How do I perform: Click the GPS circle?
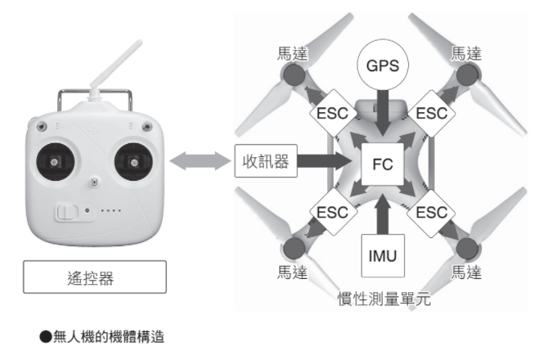pyautogui.click(x=382, y=64)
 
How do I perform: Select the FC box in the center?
pyautogui.click(x=382, y=164)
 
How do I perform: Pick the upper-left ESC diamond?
pyautogui.click(x=330, y=114)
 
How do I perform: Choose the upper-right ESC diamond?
pyautogui.click(x=433, y=114)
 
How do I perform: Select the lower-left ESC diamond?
pyautogui.click(x=330, y=212)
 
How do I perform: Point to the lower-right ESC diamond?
pyautogui.click(x=433, y=212)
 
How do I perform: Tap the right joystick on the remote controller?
pyautogui.click(x=131, y=162)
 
